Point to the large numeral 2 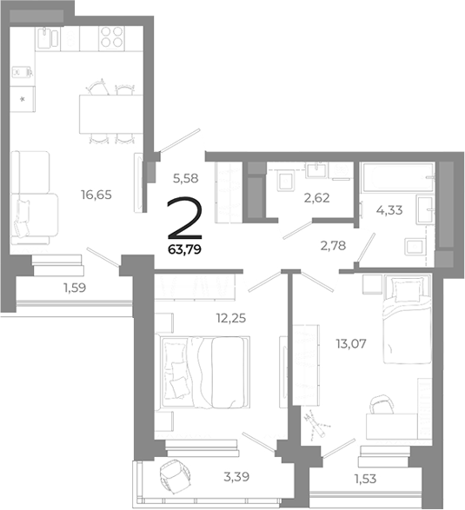pyautogui.click(x=183, y=221)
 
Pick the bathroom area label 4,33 pyautogui.click(x=389, y=209)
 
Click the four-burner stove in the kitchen pyautogui.click(x=110, y=37)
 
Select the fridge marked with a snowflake pyautogui.click(x=23, y=98)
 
